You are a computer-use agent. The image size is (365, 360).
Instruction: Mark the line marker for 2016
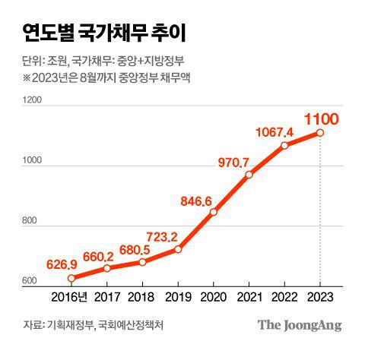tap(72, 279)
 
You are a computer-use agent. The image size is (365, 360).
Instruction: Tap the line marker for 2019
tap(178, 249)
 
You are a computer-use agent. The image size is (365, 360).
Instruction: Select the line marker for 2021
tap(249, 175)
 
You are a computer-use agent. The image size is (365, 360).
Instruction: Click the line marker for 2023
tap(320, 133)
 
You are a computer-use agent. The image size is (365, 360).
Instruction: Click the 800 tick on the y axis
tap(30, 221)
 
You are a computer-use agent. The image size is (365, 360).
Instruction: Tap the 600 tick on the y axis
tap(30, 282)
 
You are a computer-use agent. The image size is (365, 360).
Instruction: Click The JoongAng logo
tap(299, 325)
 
